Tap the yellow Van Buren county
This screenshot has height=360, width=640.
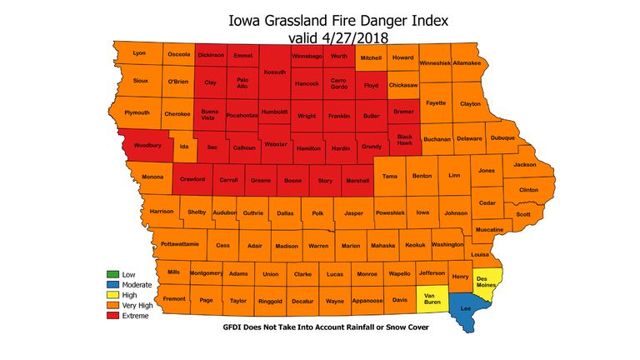click(432, 297)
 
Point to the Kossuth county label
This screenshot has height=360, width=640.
click(274, 72)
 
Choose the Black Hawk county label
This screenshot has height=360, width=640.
click(405, 138)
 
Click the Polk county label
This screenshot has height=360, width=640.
click(317, 213)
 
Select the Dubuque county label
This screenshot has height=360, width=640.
click(502, 138)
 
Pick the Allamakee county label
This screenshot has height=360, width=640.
click(467, 62)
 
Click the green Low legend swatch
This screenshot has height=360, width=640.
click(112, 274)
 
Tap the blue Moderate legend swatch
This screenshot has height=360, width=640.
click(112, 285)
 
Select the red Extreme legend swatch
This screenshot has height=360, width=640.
click(112, 316)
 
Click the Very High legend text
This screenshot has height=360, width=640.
click(138, 306)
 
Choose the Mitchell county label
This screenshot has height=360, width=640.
click(372, 57)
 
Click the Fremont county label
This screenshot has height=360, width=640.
click(174, 298)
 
